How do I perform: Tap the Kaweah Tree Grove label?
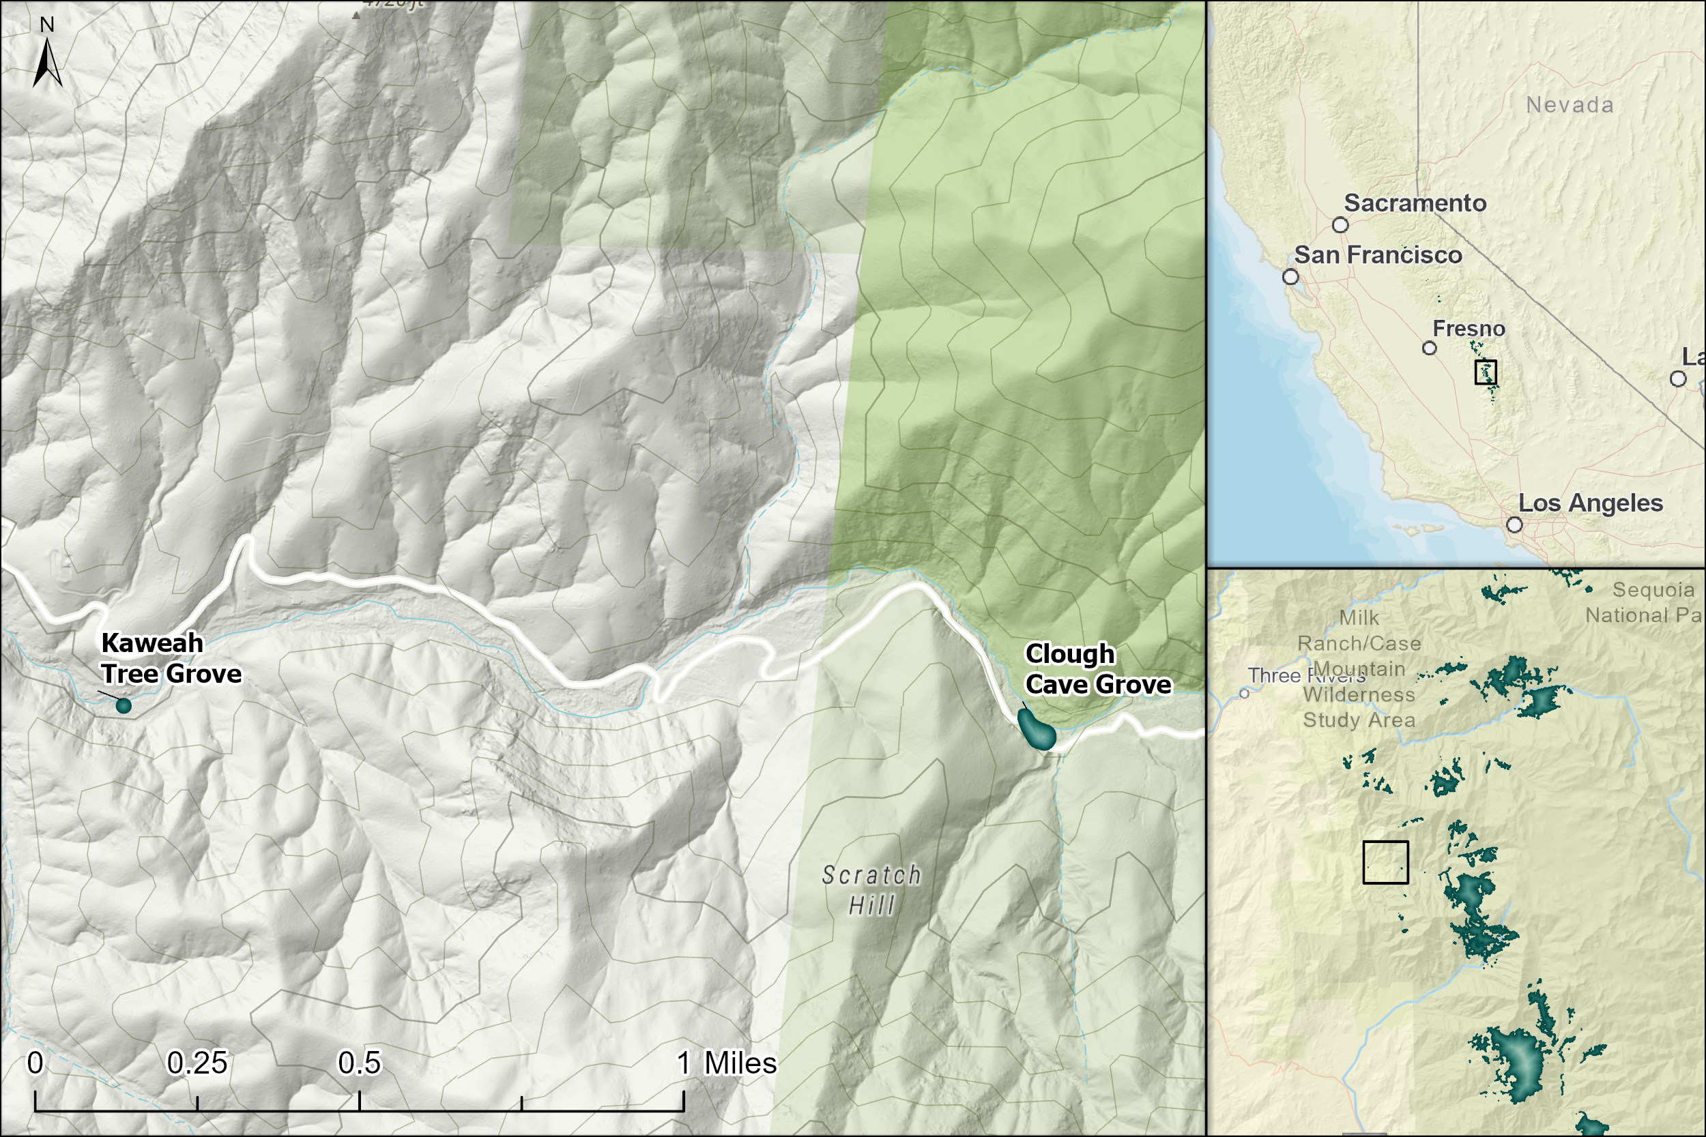coord(171,658)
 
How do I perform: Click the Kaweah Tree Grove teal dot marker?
coord(124,705)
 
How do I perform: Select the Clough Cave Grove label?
coord(1097,669)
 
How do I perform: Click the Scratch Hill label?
coord(871,889)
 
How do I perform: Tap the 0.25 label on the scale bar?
coord(197,1063)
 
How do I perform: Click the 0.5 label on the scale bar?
coord(359,1063)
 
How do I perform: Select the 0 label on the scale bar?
coord(35,1063)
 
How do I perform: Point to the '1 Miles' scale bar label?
coord(727,1063)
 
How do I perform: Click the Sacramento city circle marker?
coord(1340,225)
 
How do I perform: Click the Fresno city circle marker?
coord(1430,348)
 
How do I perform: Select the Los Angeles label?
coord(1591,503)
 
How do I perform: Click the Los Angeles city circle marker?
coord(1514,525)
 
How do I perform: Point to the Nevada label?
coord(1570,105)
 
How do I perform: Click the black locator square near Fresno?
coord(1486,372)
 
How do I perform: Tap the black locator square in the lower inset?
coord(1385,862)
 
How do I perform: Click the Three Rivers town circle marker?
coord(1244,694)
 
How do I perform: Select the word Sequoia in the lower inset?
coord(1653,590)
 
